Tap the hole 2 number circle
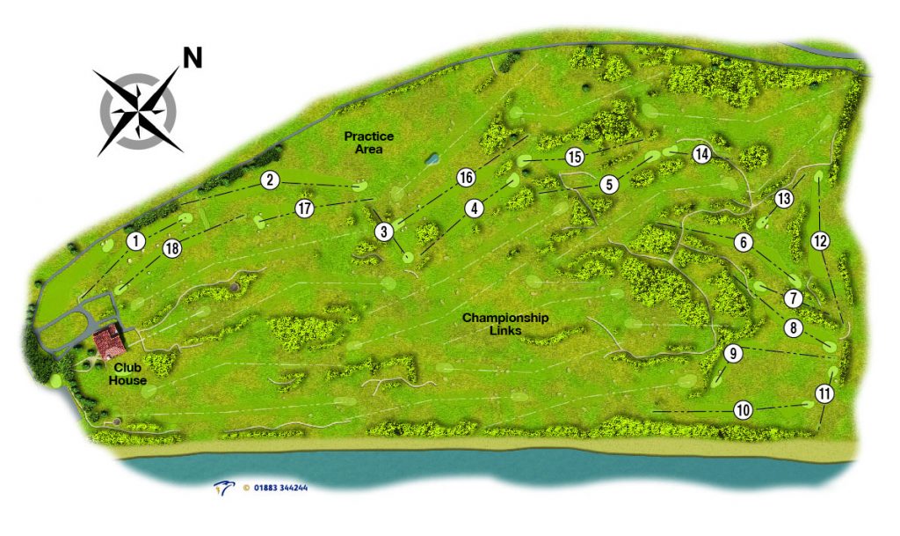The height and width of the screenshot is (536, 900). click(x=270, y=180)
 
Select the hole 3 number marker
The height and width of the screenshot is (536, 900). click(x=383, y=232)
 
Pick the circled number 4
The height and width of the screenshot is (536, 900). click(x=475, y=209)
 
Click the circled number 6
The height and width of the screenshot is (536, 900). click(x=744, y=241)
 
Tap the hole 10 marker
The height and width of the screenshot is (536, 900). click(x=744, y=409)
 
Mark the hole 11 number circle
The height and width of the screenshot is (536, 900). click(x=824, y=393)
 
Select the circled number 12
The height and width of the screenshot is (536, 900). click(x=819, y=239)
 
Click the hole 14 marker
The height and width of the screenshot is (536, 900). click(x=700, y=154)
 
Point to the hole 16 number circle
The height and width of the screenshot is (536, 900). click(x=466, y=177)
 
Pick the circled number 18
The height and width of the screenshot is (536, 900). click(x=171, y=249)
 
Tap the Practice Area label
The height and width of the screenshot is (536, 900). click(x=369, y=143)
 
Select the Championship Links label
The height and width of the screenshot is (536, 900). click(x=505, y=324)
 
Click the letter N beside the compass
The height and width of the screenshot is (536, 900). click(x=192, y=59)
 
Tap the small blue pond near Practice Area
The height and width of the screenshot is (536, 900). click(x=432, y=159)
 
